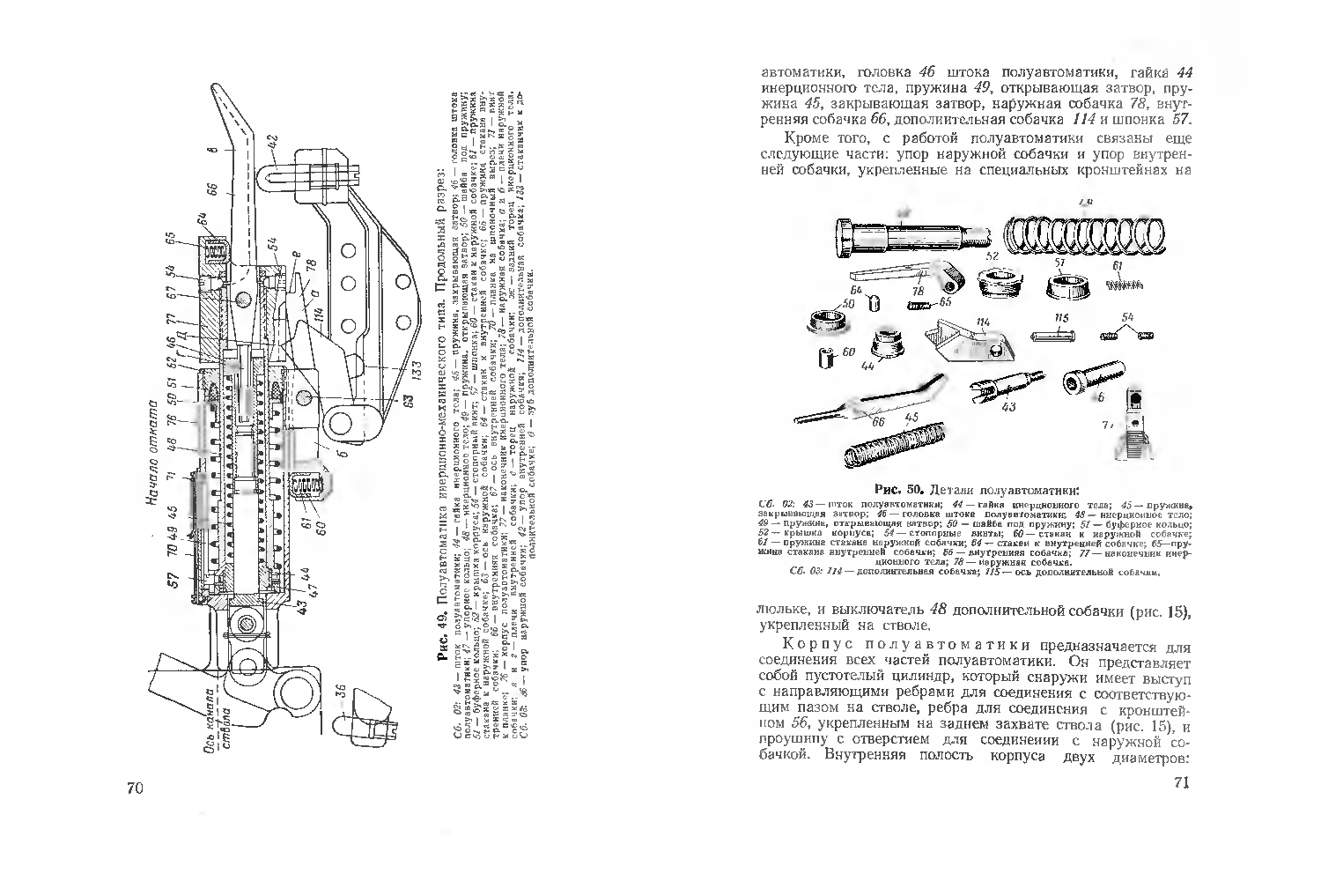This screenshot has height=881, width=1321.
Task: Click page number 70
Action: point(135,787)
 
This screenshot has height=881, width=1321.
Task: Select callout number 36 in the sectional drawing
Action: point(340,690)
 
